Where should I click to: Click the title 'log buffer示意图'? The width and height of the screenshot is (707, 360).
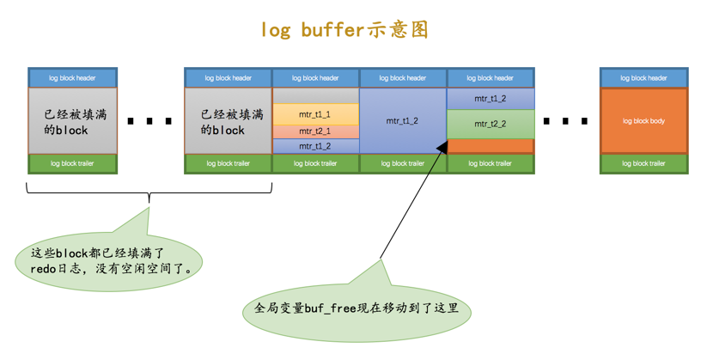pyautogui.click(x=344, y=29)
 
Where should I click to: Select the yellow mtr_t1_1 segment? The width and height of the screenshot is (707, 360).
pyautogui.click(x=315, y=113)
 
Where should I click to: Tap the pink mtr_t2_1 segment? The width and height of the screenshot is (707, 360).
pyautogui.click(x=315, y=131)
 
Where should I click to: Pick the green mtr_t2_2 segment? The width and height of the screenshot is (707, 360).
pyautogui.click(x=490, y=124)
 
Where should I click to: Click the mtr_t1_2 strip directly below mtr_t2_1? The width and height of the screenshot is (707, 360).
pyautogui.click(x=315, y=146)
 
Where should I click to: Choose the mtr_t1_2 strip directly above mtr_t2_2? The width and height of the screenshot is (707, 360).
pyautogui.click(x=490, y=98)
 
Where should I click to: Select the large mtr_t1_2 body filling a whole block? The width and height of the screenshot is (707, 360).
pyautogui.click(x=403, y=120)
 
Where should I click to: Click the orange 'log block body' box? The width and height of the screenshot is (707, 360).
pyautogui.click(x=643, y=120)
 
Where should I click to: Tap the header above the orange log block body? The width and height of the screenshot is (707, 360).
pyautogui.click(x=643, y=77)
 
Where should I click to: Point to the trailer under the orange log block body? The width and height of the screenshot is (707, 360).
pyautogui.click(x=643, y=163)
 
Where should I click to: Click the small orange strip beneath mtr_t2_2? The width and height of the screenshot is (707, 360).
pyautogui.click(x=490, y=146)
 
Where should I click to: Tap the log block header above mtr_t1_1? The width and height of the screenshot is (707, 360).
pyautogui.click(x=315, y=77)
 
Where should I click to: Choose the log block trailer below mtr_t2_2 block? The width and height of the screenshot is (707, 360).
pyautogui.click(x=490, y=163)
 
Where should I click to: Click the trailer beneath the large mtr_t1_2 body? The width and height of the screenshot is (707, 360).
pyautogui.click(x=403, y=163)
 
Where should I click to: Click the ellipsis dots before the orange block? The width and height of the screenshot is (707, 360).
pyautogui.click(x=566, y=121)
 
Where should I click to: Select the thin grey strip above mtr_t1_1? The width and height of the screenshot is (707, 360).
pyautogui.click(x=315, y=95)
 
